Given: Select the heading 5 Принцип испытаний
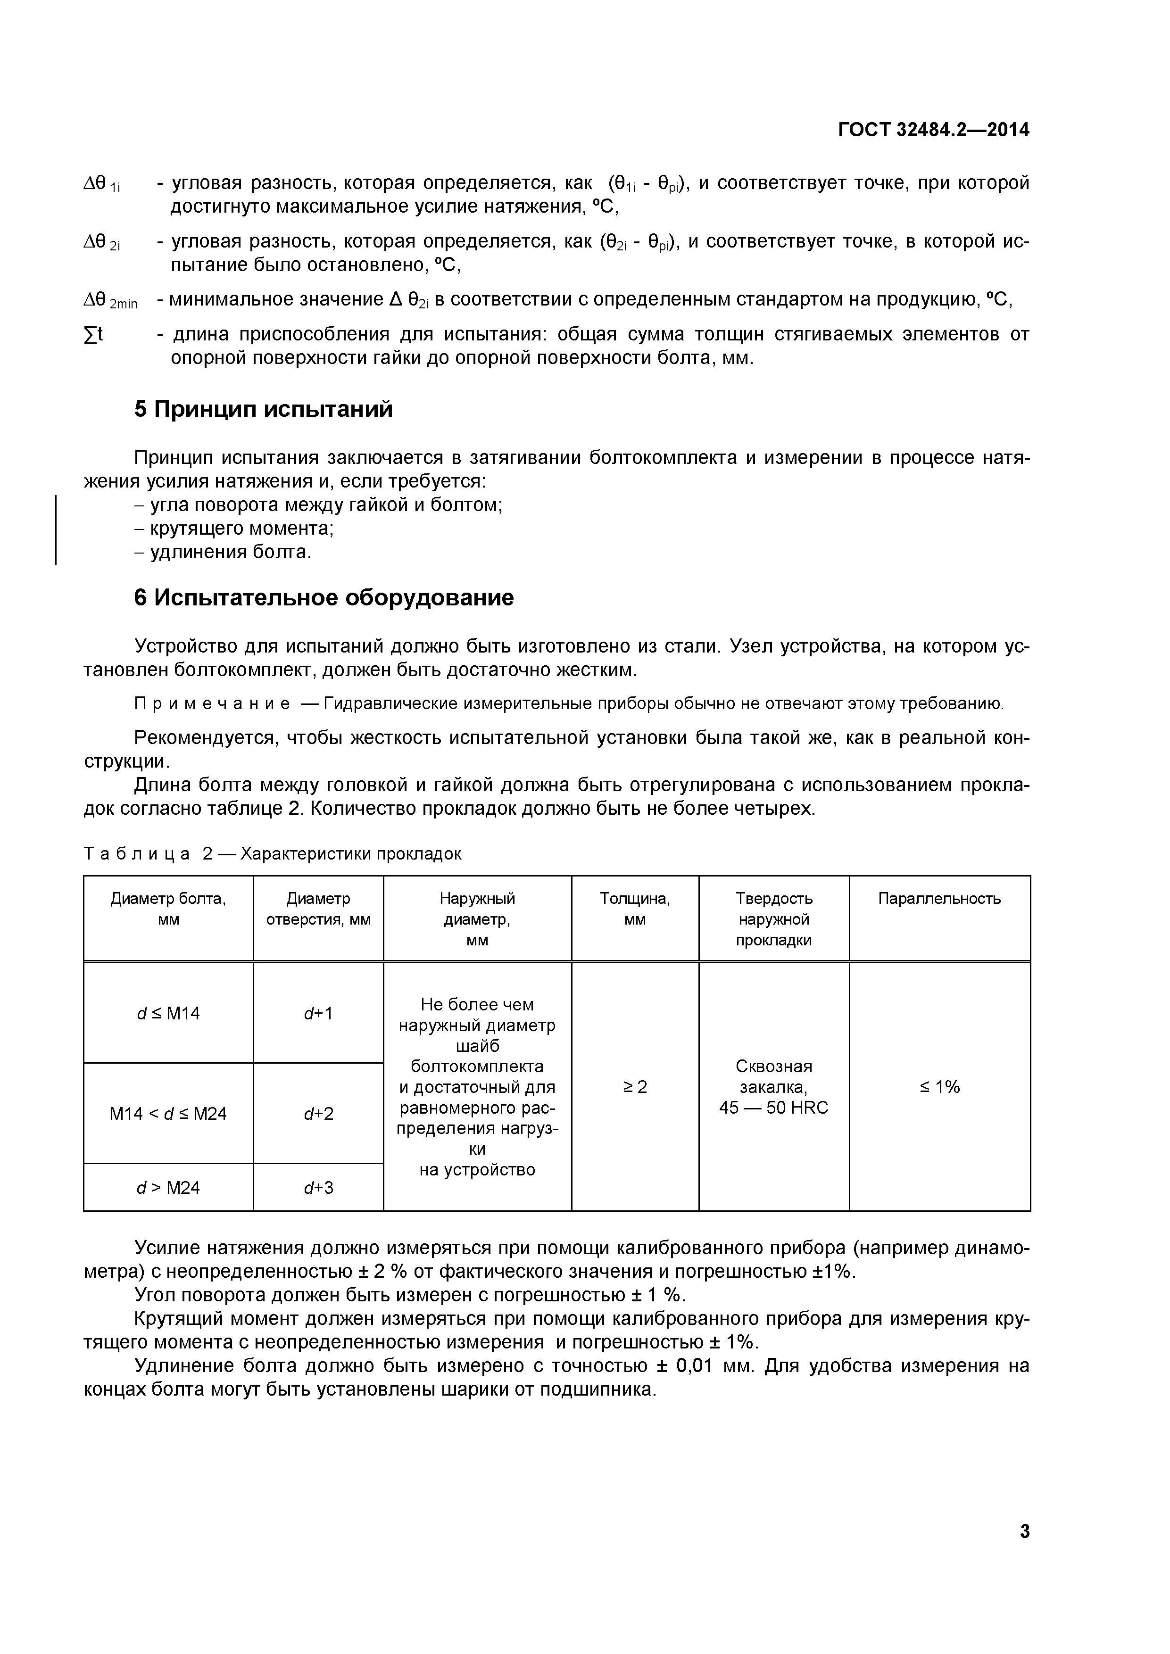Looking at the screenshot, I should click(x=264, y=409).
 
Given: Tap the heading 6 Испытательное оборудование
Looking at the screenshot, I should click(x=324, y=597).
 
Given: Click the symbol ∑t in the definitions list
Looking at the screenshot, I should click(x=94, y=334).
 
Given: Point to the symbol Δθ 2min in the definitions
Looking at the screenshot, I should click(x=110, y=300).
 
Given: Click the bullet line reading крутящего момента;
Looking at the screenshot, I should click(x=234, y=528).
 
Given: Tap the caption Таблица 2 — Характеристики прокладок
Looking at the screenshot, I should click(x=272, y=854).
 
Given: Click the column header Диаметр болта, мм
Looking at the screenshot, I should click(x=168, y=909).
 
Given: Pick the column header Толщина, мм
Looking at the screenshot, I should click(x=635, y=909).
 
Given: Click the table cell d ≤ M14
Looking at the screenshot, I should click(x=168, y=1014).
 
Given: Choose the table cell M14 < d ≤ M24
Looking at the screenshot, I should click(x=168, y=1114).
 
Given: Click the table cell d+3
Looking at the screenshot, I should click(x=318, y=1187).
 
